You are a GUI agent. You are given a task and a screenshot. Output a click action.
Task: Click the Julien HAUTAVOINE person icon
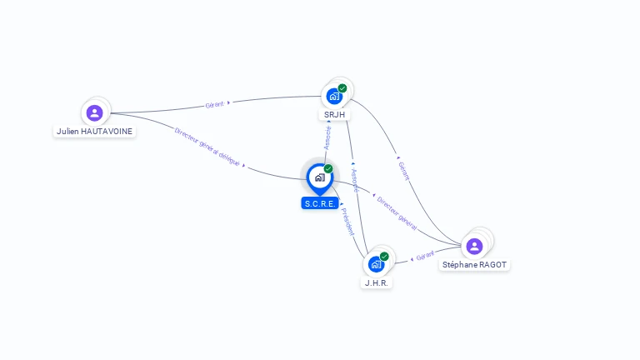pyautogui.click(x=94, y=112)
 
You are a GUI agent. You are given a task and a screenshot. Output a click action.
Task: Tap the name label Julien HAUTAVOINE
pyautogui.click(x=94, y=132)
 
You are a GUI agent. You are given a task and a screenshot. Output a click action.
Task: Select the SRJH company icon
pyautogui.click(x=334, y=96)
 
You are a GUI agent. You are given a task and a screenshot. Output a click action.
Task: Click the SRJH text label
pyautogui.click(x=335, y=114)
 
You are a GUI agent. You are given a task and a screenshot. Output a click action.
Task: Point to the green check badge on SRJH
pyautogui.click(x=342, y=88)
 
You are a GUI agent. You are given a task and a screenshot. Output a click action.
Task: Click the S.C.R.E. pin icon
pyautogui.click(x=319, y=177)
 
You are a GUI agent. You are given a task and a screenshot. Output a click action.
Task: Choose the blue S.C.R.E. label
pyautogui.click(x=320, y=203)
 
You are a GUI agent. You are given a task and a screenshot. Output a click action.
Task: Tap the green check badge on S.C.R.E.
pyautogui.click(x=328, y=169)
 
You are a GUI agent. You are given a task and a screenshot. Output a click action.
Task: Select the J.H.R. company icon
pyautogui.click(x=376, y=264)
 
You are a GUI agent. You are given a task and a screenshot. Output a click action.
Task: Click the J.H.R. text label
pyautogui.click(x=377, y=282)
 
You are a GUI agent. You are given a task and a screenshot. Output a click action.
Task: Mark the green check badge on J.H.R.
pyautogui.click(x=384, y=257)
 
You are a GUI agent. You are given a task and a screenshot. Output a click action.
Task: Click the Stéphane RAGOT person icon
pyautogui.click(x=474, y=246)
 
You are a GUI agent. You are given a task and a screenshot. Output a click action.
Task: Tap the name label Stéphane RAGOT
pyautogui.click(x=474, y=265)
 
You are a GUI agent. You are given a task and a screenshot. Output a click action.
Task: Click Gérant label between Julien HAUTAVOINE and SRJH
pyautogui.click(x=215, y=105)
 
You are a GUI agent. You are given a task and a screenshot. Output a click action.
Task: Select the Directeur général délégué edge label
pyautogui.click(x=207, y=147)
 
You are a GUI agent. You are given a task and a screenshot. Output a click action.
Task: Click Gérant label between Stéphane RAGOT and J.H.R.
pyautogui.click(x=425, y=257)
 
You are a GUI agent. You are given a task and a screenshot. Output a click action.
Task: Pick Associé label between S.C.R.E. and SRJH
pyautogui.click(x=327, y=137)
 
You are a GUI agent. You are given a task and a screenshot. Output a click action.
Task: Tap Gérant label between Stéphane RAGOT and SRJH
pyautogui.click(x=404, y=171)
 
